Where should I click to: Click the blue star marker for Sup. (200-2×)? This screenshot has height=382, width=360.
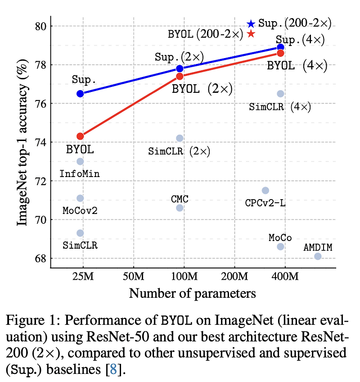[251, 24]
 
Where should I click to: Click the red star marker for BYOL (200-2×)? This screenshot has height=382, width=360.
[251, 34]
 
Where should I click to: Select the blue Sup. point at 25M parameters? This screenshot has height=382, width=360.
[80, 94]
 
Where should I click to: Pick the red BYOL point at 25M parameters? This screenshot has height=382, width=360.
[80, 136]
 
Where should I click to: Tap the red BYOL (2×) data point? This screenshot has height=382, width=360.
[180, 76]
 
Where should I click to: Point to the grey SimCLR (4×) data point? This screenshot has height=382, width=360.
[280, 94]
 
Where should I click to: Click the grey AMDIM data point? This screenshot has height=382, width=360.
[318, 256]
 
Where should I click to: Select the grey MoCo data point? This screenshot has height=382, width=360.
[280, 246]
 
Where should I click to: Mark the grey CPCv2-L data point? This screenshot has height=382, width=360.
[265, 191]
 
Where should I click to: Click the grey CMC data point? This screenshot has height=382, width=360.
[180, 208]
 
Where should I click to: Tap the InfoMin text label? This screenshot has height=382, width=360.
[80, 173]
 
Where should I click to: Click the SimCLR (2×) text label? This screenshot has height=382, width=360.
[179, 151]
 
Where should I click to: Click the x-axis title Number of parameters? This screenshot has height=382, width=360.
[193, 293]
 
